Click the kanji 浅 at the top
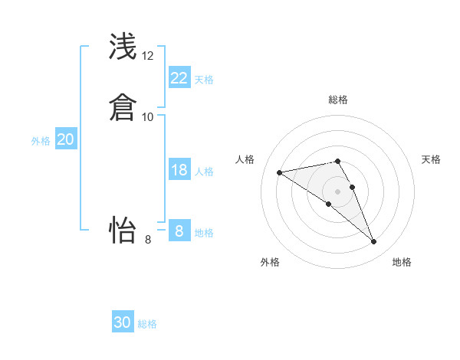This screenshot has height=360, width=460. tap(124, 46)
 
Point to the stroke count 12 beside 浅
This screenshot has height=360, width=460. tap(148, 56)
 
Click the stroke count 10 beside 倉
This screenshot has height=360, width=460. tap(148, 116)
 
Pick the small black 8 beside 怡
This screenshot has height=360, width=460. tap(148, 240)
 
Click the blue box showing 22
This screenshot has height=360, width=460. tap(179, 78)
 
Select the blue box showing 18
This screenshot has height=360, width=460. tap(179, 170)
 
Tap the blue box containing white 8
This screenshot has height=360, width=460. tap(179, 231)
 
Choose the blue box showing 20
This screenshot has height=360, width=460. tap(66, 139)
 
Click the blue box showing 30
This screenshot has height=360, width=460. tap(123, 322)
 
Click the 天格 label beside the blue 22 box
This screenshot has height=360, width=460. tap(204, 79)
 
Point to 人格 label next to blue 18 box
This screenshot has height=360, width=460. tap(204, 172)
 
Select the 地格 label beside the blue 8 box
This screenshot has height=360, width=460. tap(204, 232)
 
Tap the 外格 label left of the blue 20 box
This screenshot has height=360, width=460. tap(41, 141)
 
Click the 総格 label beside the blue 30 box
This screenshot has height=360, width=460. tap(147, 324)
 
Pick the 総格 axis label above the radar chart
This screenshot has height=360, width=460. tap(337, 100)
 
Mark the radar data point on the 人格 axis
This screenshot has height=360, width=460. tap(280, 172)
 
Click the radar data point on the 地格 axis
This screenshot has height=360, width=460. tap(373, 242)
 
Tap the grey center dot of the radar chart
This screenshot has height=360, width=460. tap(337, 191)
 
